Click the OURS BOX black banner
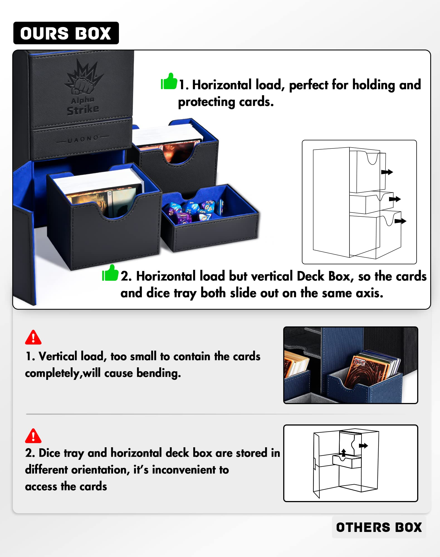click(x=66, y=33)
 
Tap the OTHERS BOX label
click(x=379, y=527)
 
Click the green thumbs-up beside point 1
click(x=169, y=81)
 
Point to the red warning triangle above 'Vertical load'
click(x=33, y=338)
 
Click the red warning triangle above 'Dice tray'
click(x=33, y=436)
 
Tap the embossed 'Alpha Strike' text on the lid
click(x=83, y=106)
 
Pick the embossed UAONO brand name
click(x=83, y=139)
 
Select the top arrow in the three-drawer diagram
click(x=387, y=172)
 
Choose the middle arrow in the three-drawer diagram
click(x=395, y=199)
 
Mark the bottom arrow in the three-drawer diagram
click(x=400, y=221)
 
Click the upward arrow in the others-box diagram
click(x=344, y=452)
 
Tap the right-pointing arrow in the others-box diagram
click(x=363, y=446)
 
